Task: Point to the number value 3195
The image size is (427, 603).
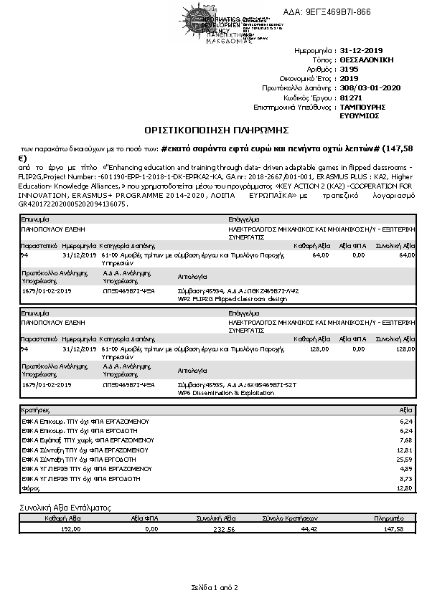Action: [348, 70]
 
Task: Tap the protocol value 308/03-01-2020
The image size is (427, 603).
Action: [370, 87]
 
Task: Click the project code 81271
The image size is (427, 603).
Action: [349, 97]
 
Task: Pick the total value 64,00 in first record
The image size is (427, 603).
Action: [407, 255]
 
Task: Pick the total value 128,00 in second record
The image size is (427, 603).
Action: [405, 348]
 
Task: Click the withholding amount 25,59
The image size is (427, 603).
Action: [406, 459]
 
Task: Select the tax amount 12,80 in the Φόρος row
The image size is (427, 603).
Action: [406, 488]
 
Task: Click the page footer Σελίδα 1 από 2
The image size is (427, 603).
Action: [213, 587]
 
